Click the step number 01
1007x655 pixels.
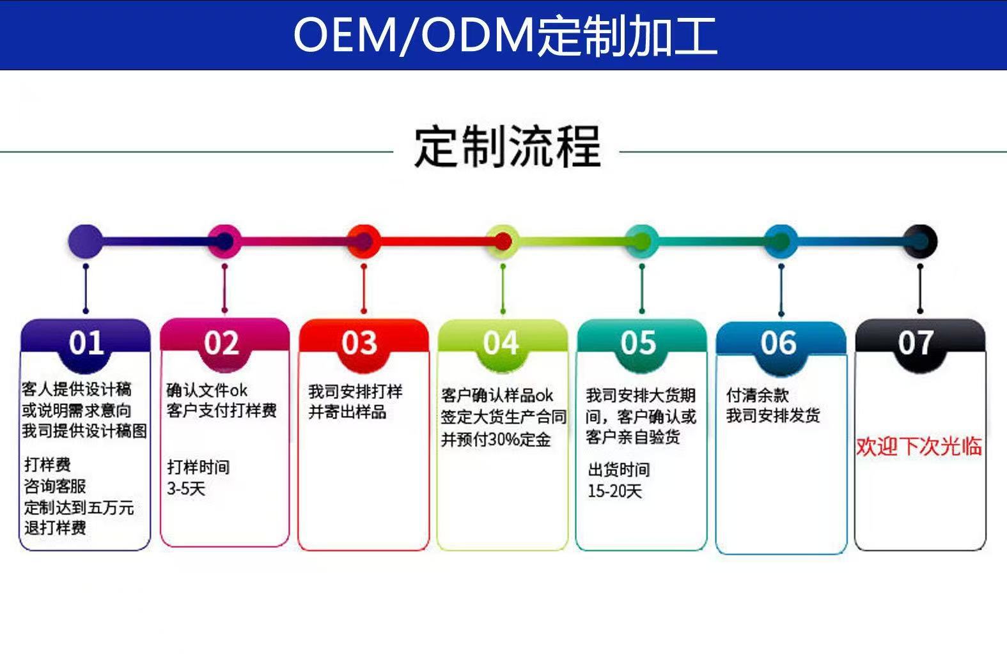click(x=86, y=343)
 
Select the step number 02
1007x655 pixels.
click(x=221, y=343)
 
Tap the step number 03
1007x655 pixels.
click(x=359, y=343)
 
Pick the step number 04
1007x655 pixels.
click(x=500, y=343)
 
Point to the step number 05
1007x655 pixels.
click(x=638, y=343)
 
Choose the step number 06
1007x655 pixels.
click(x=778, y=343)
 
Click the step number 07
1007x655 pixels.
click(x=916, y=343)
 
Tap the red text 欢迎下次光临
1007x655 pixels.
click(x=919, y=447)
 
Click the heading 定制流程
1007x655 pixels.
click(x=508, y=147)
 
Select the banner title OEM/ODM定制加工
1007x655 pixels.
click(x=505, y=35)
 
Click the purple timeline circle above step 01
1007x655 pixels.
click(x=85, y=242)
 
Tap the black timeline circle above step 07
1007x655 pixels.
click(x=920, y=242)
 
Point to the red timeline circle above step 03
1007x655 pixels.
click(x=364, y=242)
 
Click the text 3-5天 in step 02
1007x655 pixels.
click(x=186, y=489)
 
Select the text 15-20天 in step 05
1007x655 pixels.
click(x=614, y=491)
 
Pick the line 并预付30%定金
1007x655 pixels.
click(x=496, y=440)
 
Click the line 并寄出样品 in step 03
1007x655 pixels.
click(x=347, y=412)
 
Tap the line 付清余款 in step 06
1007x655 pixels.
click(x=757, y=395)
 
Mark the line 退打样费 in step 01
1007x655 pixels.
click(x=55, y=528)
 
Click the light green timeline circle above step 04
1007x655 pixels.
click(x=503, y=242)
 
